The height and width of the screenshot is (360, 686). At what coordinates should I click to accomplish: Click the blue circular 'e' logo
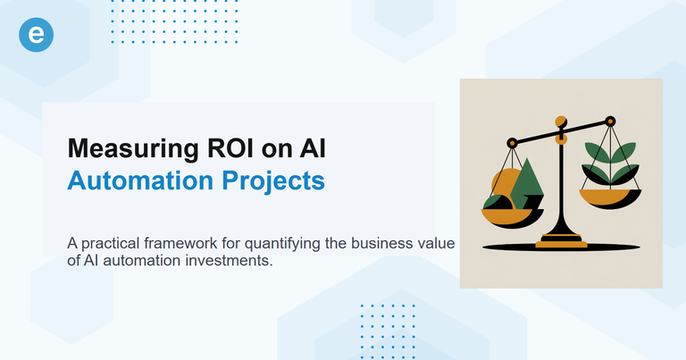37,35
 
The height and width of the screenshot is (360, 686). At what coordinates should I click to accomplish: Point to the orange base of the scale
561,239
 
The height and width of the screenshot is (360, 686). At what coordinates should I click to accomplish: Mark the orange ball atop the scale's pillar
561,121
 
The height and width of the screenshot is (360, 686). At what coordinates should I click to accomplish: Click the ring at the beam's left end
512,142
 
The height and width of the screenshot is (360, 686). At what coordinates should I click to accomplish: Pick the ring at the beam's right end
611,120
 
